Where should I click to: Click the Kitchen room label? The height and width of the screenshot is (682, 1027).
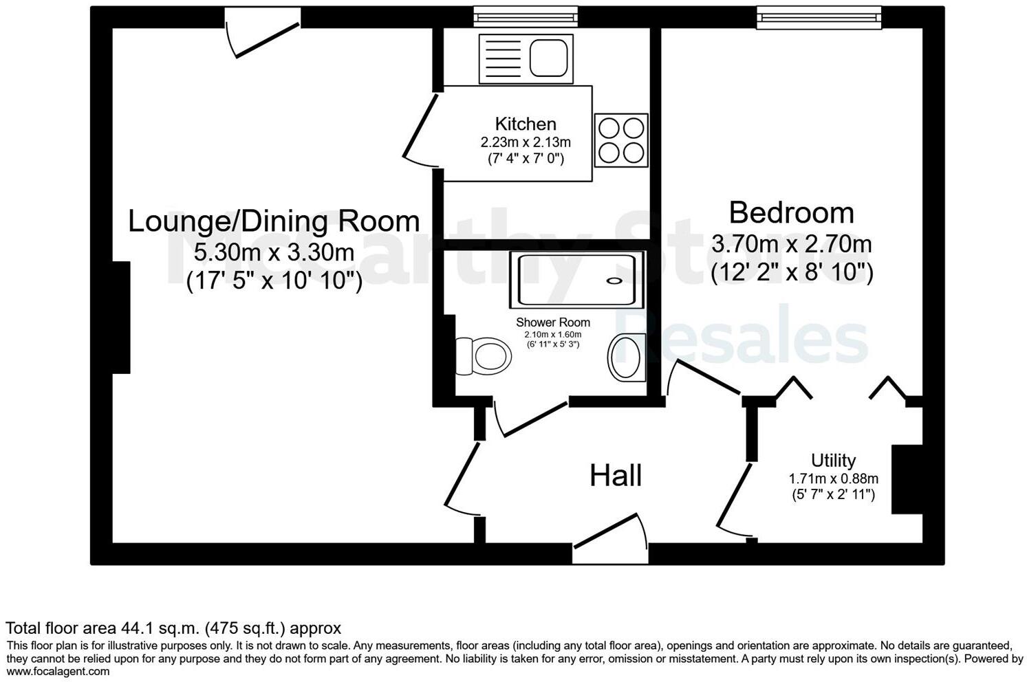(526, 124)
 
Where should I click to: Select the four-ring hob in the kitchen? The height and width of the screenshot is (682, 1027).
(621, 140)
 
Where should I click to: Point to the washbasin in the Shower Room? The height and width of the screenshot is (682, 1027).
(627, 357)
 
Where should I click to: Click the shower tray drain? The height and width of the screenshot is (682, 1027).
(614, 280)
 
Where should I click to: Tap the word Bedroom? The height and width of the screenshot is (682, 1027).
(791, 212)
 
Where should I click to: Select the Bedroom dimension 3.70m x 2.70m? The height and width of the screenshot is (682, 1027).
(791, 243)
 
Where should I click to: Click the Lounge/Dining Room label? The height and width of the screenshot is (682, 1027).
(274, 221)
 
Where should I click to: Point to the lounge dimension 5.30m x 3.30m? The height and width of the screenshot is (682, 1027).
(274, 252)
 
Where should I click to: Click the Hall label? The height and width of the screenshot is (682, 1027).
(616, 476)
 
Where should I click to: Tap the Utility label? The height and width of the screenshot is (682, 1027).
(833, 460)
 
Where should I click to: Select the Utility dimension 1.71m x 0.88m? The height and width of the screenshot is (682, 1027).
(833, 478)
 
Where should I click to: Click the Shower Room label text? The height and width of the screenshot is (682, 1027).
(553, 322)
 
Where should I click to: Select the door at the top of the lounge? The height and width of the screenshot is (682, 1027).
(263, 31)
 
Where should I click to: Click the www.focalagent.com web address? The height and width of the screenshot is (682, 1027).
(58, 671)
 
